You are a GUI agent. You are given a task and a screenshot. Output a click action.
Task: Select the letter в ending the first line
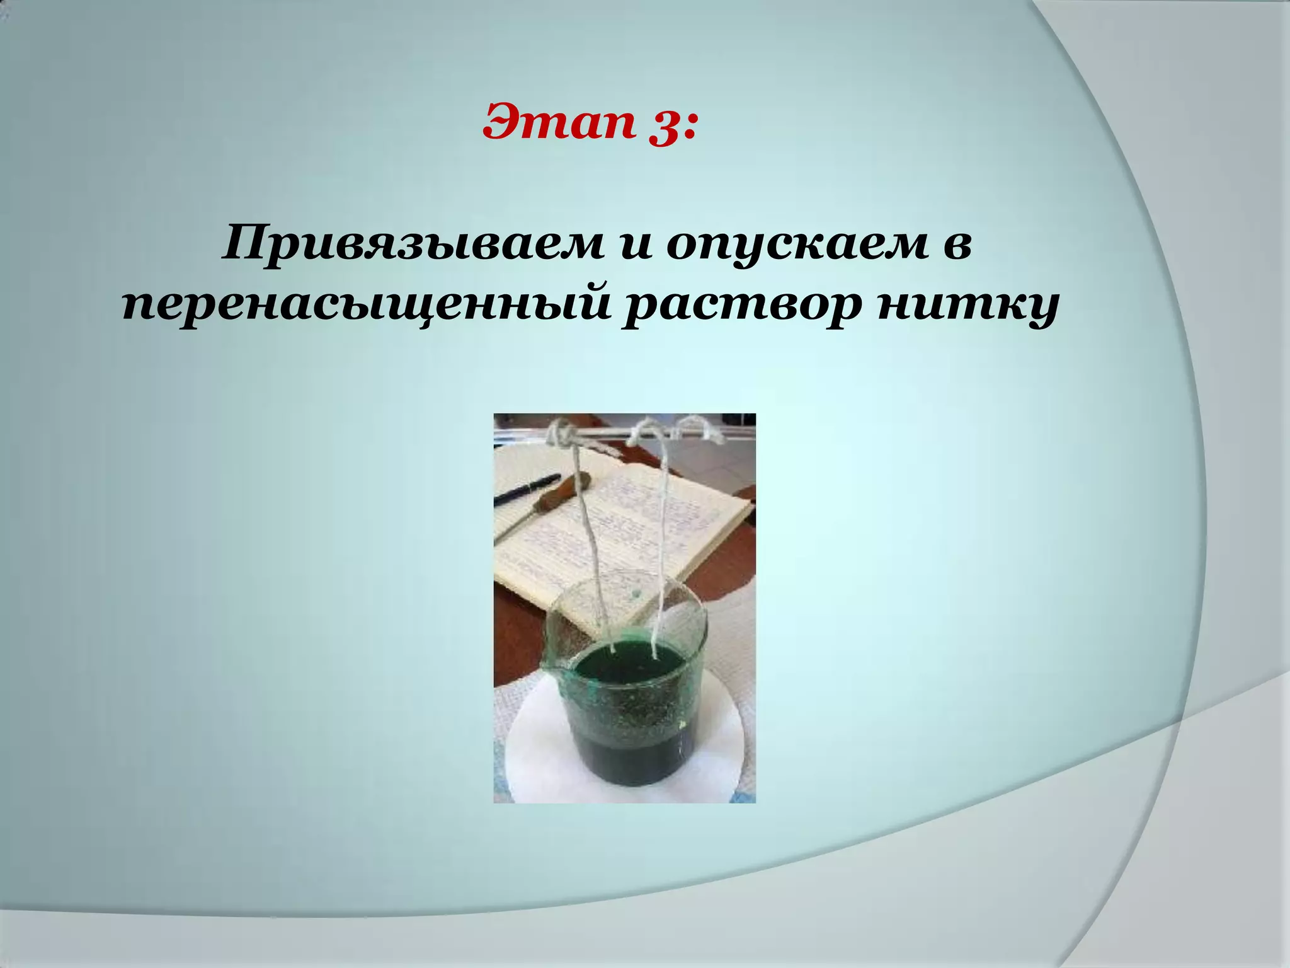pyautogui.click(x=953, y=246)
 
